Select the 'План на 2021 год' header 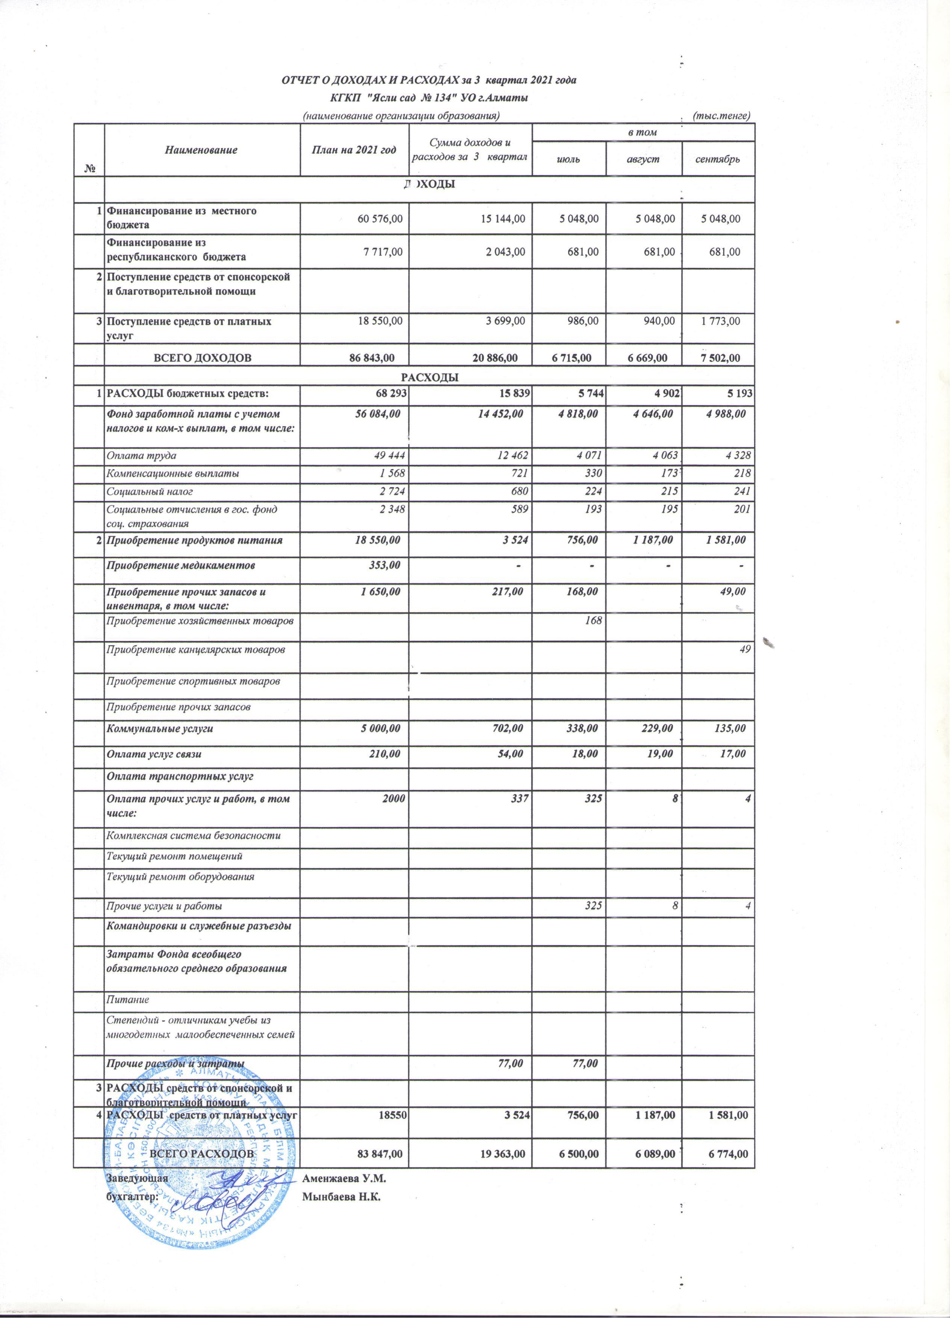(x=354, y=150)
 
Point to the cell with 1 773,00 (x=720, y=321)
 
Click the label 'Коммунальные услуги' (x=159, y=728)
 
